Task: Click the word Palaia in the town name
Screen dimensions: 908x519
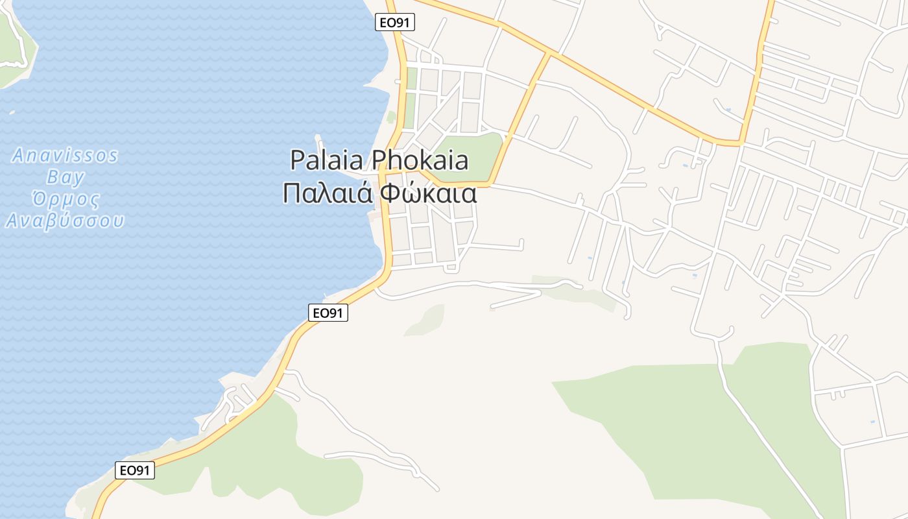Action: click(x=328, y=160)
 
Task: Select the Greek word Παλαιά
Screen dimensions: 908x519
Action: click(x=328, y=193)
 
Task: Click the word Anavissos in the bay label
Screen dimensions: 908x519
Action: click(x=65, y=156)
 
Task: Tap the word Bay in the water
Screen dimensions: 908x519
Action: click(x=65, y=177)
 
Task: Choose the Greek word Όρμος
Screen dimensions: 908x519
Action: click(x=65, y=199)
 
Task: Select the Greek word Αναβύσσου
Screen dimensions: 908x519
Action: click(x=65, y=221)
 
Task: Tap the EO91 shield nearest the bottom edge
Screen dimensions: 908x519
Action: click(x=135, y=470)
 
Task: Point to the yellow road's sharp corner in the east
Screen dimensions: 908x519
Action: click(x=741, y=141)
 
